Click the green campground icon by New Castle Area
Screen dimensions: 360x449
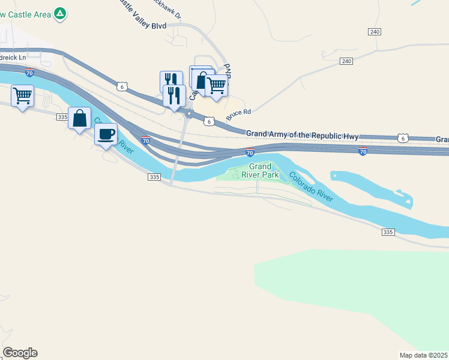point(59,13)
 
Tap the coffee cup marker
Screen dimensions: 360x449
point(106,134)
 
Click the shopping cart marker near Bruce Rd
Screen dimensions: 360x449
point(216,85)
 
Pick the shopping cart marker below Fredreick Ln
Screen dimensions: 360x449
point(22,95)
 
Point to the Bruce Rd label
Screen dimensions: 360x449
point(238,112)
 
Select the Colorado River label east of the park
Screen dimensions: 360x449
point(311,186)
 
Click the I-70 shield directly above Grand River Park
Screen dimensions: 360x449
point(250,153)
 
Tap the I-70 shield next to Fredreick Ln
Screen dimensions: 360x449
point(29,73)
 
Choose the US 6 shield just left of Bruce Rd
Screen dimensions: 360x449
point(208,121)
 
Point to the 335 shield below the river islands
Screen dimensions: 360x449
point(388,231)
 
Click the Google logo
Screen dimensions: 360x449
point(20,353)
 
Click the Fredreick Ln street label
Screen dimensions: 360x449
point(13,58)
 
